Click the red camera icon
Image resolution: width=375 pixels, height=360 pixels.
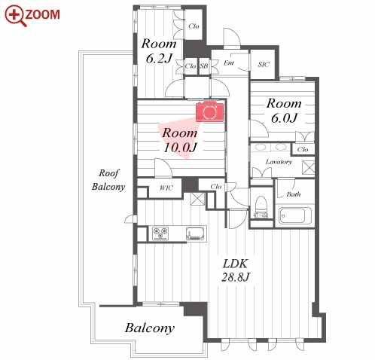click(x=209, y=111)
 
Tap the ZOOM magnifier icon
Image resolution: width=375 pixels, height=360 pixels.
click(x=16, y=16)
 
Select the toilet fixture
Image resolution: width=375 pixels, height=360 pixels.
click(x=261, y=206)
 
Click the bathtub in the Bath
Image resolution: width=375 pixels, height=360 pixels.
click(x=295, y=215)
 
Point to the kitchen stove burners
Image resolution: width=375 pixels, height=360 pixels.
click(x=160, y=233)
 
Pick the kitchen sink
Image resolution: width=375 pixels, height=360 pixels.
click(x=195, y=233)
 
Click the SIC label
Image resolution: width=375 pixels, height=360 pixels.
click(x=264, y=64)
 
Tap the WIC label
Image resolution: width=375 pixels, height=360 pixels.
click(x=166, y=188)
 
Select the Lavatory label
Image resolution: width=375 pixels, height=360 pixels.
click(x=279, y=162)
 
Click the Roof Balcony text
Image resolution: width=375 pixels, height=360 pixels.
click(x=108, y=180)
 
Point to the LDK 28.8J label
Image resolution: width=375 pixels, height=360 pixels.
click(x=236, y=270)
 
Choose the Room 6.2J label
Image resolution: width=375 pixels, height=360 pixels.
click(x=159, y=51)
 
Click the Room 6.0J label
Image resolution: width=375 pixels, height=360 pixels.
click(x=284, y=111)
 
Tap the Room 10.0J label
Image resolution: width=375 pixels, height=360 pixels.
click(x=180, y=140)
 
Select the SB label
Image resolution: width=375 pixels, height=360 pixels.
click(x=204, y=66)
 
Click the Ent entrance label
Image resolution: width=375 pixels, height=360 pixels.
click(x=229, y=63)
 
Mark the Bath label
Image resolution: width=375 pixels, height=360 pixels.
click(x=294, y=194)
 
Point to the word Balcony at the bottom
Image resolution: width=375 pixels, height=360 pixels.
click(x=150, y=328)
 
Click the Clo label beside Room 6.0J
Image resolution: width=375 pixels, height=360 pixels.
click(x=303, y=149)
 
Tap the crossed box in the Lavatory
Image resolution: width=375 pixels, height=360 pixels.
click(x=308, y=167)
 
